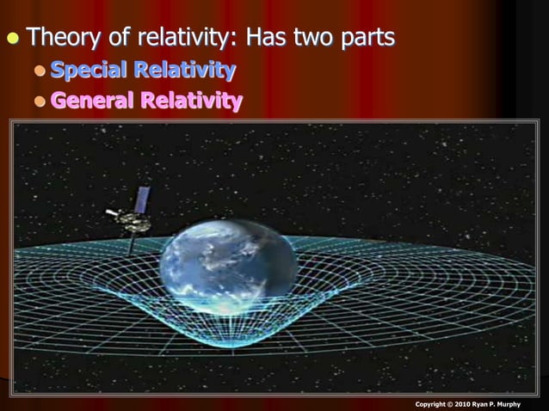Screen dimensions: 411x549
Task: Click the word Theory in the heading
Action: coord(63,38)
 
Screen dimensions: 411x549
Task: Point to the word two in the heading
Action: coord(322,38)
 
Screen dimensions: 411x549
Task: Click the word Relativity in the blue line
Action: coord(188,70)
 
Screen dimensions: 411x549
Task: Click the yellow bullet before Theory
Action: coord(12,39)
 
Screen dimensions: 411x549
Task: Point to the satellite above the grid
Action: coord(131,219)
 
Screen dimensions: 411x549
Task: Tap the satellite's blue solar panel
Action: coord(143,199)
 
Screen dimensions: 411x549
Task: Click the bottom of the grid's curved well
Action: coord(225,339)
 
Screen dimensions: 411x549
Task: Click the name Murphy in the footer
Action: coord(526,404)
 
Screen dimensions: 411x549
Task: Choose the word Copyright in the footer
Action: coord(433,404)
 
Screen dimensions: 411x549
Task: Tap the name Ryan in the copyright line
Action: coord(490,404)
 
